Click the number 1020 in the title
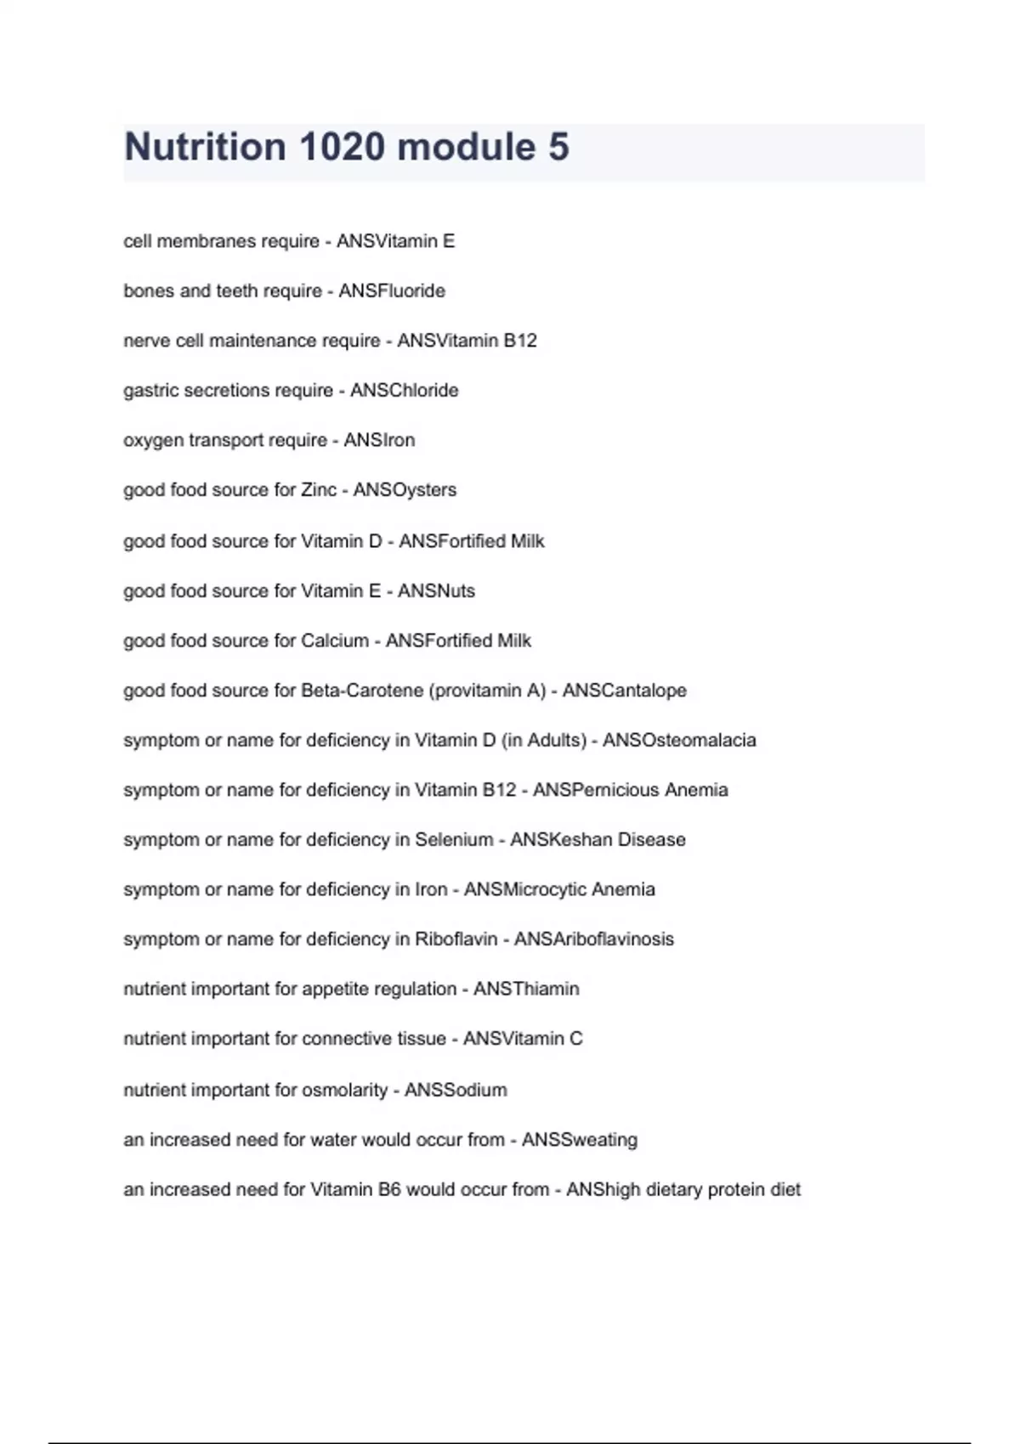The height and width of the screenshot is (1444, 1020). click(343, 147)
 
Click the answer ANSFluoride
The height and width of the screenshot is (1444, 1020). click(392, 291)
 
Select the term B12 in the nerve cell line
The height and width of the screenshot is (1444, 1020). click(520, 341)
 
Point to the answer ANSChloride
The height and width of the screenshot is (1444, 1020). click(405, 391)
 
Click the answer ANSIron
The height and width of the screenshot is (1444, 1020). click(379, 440)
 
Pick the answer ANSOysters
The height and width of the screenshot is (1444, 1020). click(405, 490)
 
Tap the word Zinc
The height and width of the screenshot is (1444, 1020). click(319, 490)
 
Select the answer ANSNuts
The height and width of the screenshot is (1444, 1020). click(436, 591)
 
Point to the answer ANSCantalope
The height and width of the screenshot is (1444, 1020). click(624, 691)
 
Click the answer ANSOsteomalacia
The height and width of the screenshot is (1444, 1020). click(679, 741)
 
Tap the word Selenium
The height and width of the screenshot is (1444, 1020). click(454, 840)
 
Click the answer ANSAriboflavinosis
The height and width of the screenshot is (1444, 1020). click(594, 939)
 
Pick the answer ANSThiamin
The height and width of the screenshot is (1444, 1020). click(526, 989)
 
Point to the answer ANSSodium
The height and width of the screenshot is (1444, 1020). click(456, 1090)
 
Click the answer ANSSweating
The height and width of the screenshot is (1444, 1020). click(580, 1140)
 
